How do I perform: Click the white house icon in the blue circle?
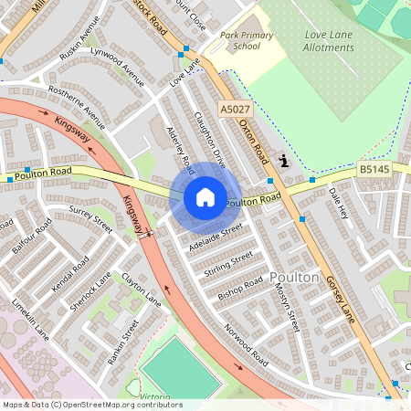[205, 196]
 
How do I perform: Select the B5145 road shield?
[373, 169]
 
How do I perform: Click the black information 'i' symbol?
[283, 162]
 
